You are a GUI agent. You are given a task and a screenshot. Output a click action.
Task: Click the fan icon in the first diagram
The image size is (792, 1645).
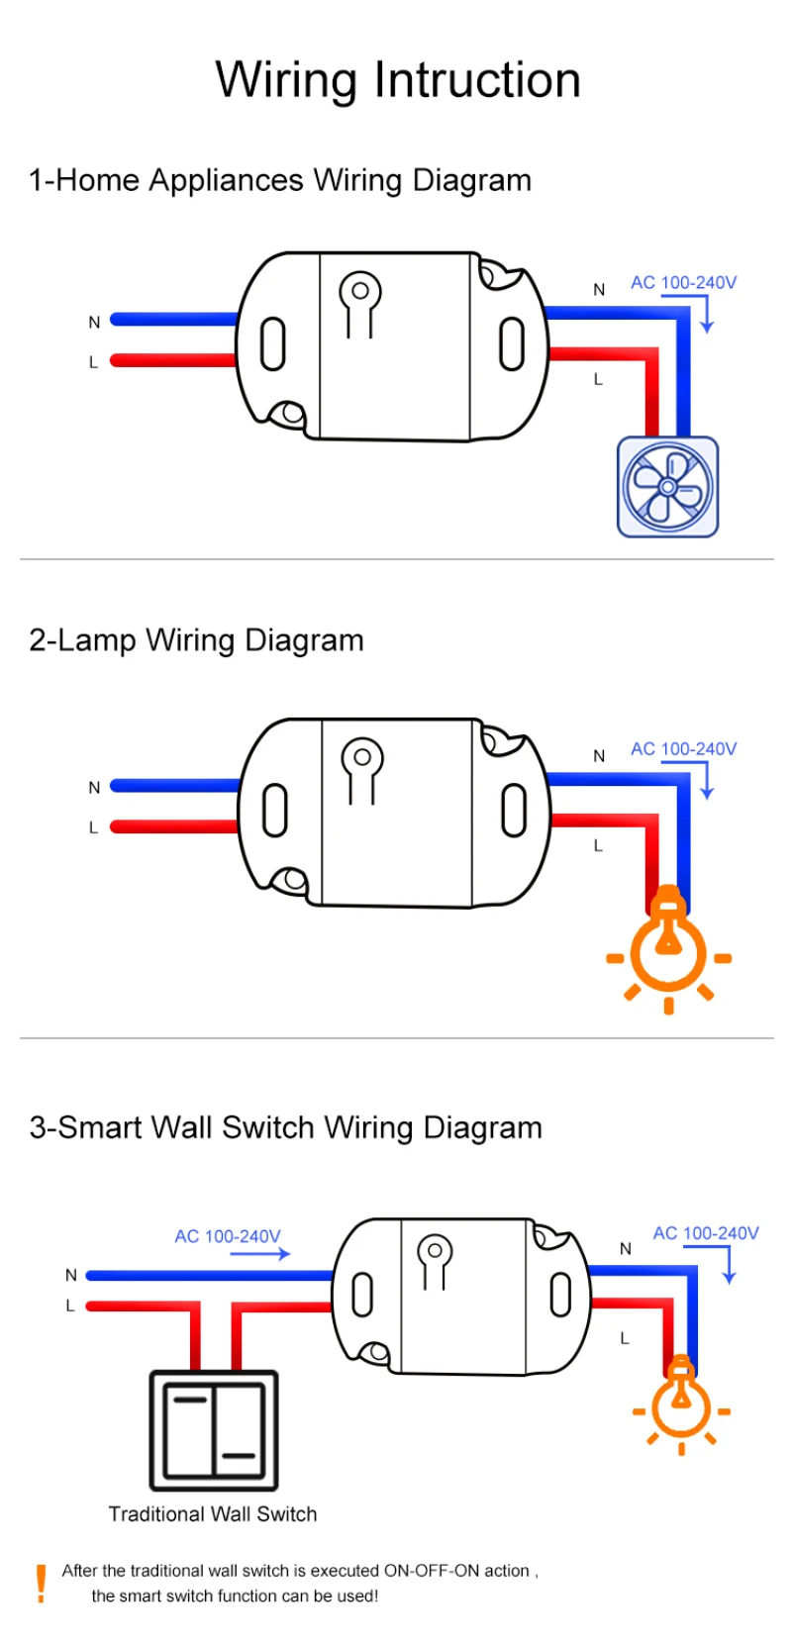tap(667, 487)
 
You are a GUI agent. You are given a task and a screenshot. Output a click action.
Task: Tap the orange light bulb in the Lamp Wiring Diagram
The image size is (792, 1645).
tap(668, 950)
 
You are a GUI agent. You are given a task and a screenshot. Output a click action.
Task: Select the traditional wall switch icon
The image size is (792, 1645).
tap(214, 1429)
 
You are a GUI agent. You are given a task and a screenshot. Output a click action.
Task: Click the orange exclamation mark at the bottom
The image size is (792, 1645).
tap(41, 1583)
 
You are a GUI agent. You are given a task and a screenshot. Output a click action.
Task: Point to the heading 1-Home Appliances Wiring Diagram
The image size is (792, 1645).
tap(280, 180)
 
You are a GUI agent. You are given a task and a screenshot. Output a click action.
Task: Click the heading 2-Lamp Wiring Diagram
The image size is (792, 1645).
tap(196, 640)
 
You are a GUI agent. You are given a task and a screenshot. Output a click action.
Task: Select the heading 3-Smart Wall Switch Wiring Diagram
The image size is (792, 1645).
tap(285, 1127)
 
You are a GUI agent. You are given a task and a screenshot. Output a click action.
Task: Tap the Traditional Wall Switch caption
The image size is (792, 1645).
tap(213, 1513)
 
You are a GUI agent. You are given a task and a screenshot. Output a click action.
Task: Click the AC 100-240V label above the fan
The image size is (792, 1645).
tap(683, 282)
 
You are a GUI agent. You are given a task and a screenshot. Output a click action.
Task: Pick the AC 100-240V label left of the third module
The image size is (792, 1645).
tap(227, 1236)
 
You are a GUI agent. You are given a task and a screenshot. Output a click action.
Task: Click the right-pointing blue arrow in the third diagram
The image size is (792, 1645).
tap(259, 1254)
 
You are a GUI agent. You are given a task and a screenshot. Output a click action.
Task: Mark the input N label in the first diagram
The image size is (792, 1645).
tap(94, 322)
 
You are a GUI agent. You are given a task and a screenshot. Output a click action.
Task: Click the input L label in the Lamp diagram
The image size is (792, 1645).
tap(94, 827)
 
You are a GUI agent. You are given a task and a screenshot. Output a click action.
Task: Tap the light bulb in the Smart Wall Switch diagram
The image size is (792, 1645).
tap(681, 1402)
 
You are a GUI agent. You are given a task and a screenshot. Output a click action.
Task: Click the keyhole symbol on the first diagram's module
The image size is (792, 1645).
tap(360, 302)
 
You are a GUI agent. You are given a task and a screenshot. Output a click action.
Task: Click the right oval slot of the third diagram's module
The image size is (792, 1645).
tap(560, 1295)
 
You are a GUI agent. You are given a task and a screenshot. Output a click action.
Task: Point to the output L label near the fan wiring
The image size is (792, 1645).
tap(598, 379)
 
